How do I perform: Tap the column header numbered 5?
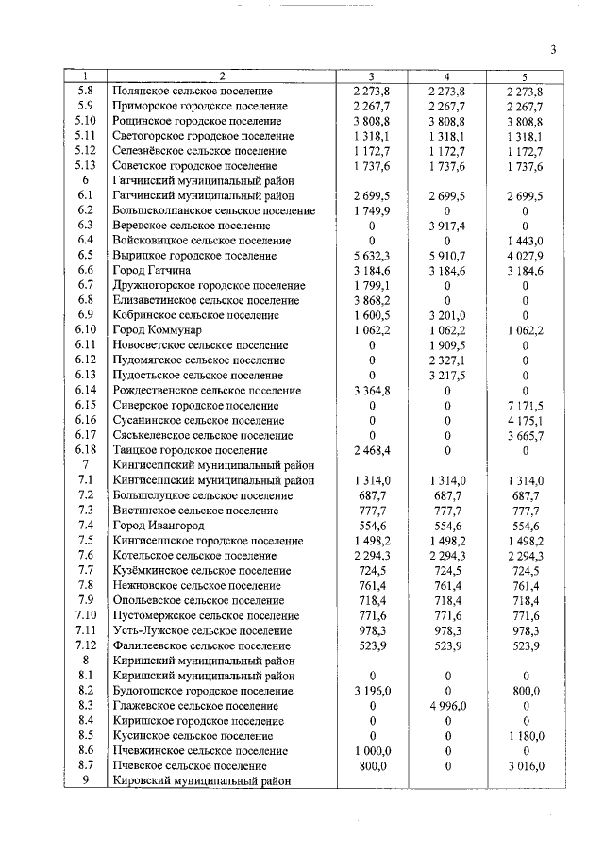click(x=525, y=76)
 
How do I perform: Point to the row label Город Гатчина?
click(x=151, y=270)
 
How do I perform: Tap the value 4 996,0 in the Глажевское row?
click(x=447, y=706)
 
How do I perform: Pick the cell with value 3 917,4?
click(x=447, y=226)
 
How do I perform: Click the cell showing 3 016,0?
click(x=525, y=765)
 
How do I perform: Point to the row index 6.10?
click(x=86, y=329)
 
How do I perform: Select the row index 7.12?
click(x=86, y=645)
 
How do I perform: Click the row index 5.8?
click(x=86, y=92)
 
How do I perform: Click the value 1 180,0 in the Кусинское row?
click(x=525, y=735)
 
